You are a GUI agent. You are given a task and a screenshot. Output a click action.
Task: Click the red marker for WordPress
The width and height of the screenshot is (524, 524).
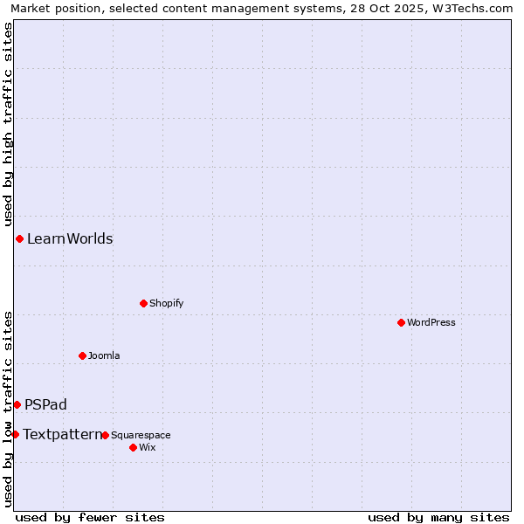point(401,322)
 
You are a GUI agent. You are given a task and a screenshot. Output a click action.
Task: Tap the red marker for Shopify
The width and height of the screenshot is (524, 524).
point(143,303)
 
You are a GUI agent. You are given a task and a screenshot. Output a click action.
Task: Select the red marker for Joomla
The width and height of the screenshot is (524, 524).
point(82,355)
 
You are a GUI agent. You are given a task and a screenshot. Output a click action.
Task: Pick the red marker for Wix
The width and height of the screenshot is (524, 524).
point(133,447)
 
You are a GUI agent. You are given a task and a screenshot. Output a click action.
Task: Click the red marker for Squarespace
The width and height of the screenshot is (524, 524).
point(105,435)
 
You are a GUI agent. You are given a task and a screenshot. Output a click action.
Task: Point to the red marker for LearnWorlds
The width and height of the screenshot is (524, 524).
point(19,238)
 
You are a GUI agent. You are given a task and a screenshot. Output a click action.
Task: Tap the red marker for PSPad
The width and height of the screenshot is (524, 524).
point(17,404)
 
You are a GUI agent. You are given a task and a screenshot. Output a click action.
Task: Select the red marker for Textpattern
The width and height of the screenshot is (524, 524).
point(15,434)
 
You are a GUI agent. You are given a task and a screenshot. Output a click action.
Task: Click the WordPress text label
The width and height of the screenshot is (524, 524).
point(431,322)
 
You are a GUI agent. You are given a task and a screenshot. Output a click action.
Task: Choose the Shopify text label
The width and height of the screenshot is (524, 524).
point(166,303)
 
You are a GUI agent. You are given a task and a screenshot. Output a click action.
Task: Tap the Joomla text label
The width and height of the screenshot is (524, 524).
point(104,355)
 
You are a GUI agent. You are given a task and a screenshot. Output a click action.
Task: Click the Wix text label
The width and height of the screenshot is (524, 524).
point(147,447)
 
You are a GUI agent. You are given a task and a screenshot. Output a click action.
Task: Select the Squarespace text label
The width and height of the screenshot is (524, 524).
point(141,435)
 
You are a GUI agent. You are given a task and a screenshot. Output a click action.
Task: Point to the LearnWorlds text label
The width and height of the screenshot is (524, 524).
point(70,238)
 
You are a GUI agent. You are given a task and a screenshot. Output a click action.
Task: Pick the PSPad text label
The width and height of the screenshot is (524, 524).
point(45,404)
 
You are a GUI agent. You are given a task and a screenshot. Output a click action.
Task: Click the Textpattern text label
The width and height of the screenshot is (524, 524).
point(62,434)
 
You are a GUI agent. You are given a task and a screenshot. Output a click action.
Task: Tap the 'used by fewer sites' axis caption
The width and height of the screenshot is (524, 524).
point(90,517)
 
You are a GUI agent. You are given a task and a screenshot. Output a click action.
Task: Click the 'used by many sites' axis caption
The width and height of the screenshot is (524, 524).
point(438,517)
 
